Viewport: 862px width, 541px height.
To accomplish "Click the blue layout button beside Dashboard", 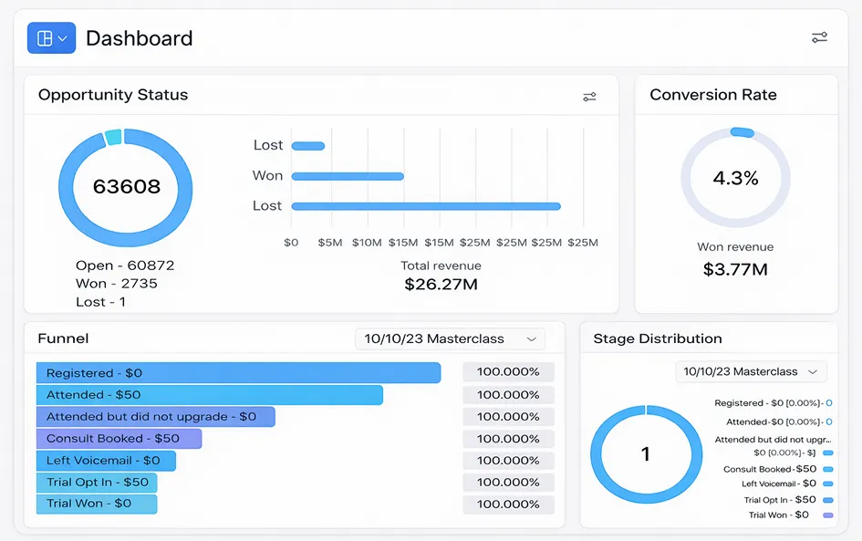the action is coord(51,38).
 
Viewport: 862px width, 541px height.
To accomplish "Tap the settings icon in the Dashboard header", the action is coord(819,37).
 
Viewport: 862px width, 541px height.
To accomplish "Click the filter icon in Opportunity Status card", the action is coord(589,97).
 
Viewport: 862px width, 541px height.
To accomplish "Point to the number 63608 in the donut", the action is coord(127,186).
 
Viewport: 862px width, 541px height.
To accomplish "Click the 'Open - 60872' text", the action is coord(125,265).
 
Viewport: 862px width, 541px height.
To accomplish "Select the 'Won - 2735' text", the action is coord(117,284).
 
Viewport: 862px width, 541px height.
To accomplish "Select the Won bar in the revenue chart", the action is coord(348,176).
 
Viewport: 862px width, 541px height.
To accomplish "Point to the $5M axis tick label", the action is coord(330,243).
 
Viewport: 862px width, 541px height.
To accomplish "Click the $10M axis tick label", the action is coord(367,243).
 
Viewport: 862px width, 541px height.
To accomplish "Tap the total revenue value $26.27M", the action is coord(441,285).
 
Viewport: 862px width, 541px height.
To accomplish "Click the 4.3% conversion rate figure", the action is coord(735,178).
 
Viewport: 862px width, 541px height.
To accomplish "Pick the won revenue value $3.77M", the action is coord(735,269).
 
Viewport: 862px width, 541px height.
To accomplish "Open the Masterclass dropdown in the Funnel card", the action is coord(451,338).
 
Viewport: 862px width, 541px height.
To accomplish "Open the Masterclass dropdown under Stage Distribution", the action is coord(751,371).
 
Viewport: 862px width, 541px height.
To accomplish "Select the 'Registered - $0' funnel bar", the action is coord(239,373).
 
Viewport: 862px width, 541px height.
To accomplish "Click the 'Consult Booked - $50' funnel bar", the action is coord(119,439).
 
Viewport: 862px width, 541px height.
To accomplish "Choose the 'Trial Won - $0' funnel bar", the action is coord(97,504).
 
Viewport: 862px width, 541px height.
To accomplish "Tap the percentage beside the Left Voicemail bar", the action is coord(508,461).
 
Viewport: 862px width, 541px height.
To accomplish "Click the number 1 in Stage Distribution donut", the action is coord(646,454).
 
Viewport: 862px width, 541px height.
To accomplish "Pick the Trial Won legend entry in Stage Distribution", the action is coord(791,515).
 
